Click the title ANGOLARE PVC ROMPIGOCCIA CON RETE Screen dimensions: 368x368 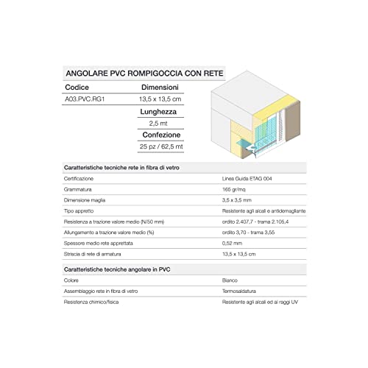click(144, 74)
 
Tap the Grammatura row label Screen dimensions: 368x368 click(79, 189)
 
